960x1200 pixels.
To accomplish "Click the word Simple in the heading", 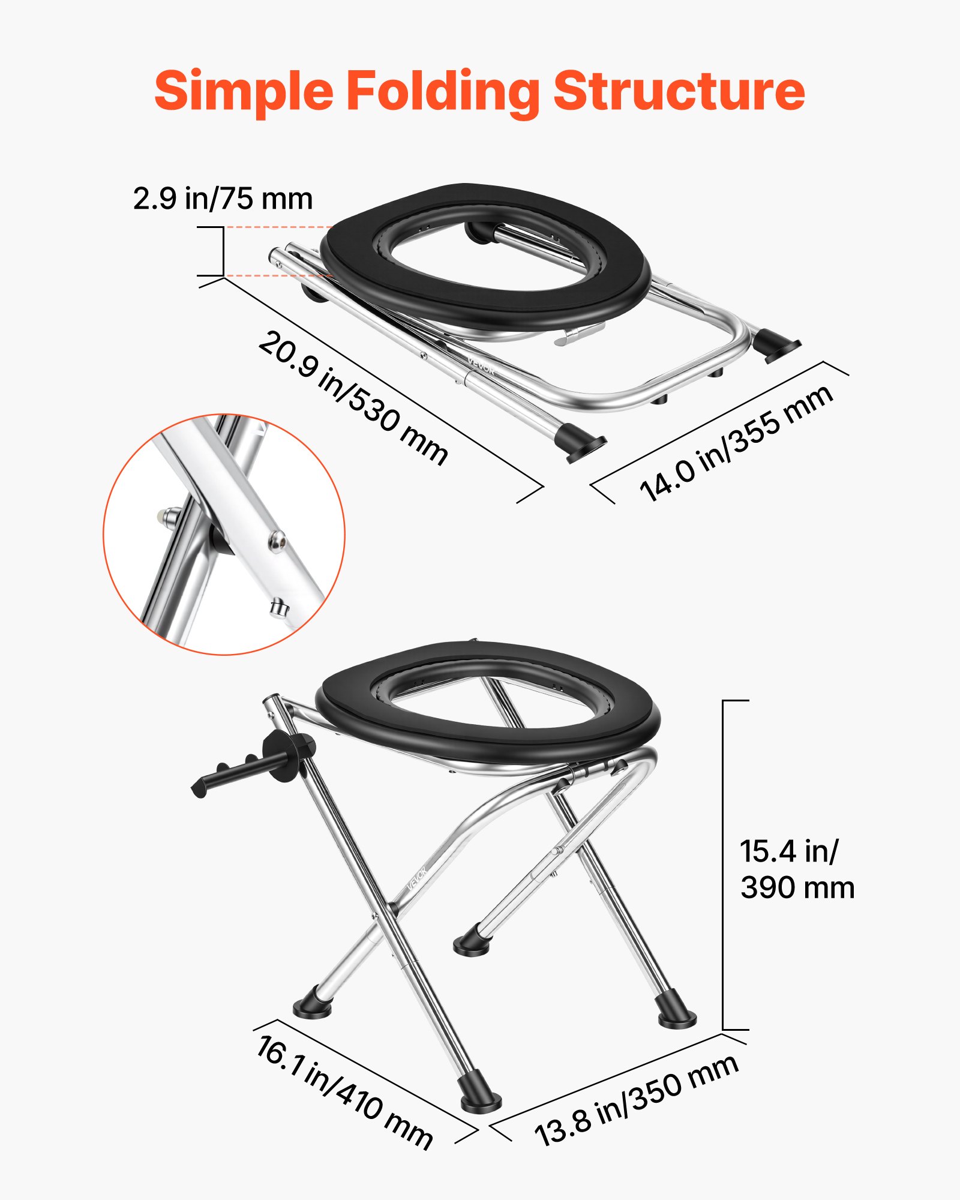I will (243, 91).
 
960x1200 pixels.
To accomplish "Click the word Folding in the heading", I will (443, 91).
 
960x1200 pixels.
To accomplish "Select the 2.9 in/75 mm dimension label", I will (223, 199).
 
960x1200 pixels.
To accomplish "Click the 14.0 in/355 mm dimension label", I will (736, 443).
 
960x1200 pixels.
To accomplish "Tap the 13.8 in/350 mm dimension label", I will (636, 1100).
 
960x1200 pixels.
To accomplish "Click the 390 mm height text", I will (797, 888).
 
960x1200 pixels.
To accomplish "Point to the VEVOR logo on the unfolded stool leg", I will (416, 878).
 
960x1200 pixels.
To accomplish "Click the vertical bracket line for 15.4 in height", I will (723, 864).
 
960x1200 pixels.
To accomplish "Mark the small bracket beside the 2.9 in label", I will (222, 251).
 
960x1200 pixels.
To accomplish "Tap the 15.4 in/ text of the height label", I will (788, 851).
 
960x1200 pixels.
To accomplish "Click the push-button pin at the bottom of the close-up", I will (278, 608).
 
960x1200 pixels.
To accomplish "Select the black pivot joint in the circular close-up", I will (220, 539).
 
